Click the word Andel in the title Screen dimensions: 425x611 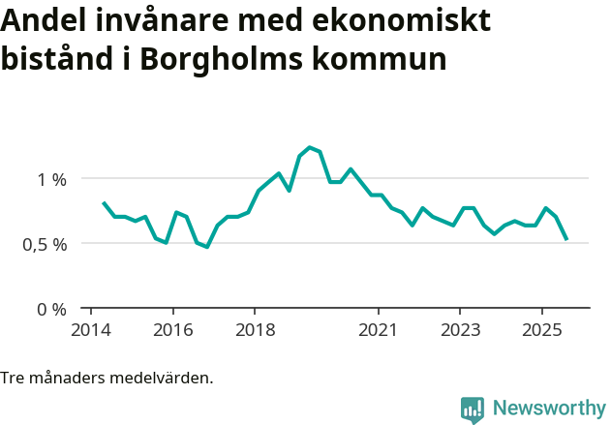(x=45, y=20)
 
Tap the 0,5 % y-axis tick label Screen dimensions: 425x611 (x=46, y=244)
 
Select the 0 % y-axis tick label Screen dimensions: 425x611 (x=52, y=309)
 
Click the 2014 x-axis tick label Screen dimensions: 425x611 (x=90, y=330)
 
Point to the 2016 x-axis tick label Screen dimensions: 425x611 (x=172, y=330)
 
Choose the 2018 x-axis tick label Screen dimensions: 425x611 (x=255, y=330)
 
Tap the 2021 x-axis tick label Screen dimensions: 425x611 (x=378, y=330)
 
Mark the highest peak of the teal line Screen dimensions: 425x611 (x=309, y=147)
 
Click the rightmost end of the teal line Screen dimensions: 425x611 (x=566, y=239)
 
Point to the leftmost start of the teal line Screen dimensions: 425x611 (x=103, y=202)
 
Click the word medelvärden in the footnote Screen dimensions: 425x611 (x=165, y=378)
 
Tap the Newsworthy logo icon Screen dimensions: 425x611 (x=473, y=410)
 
